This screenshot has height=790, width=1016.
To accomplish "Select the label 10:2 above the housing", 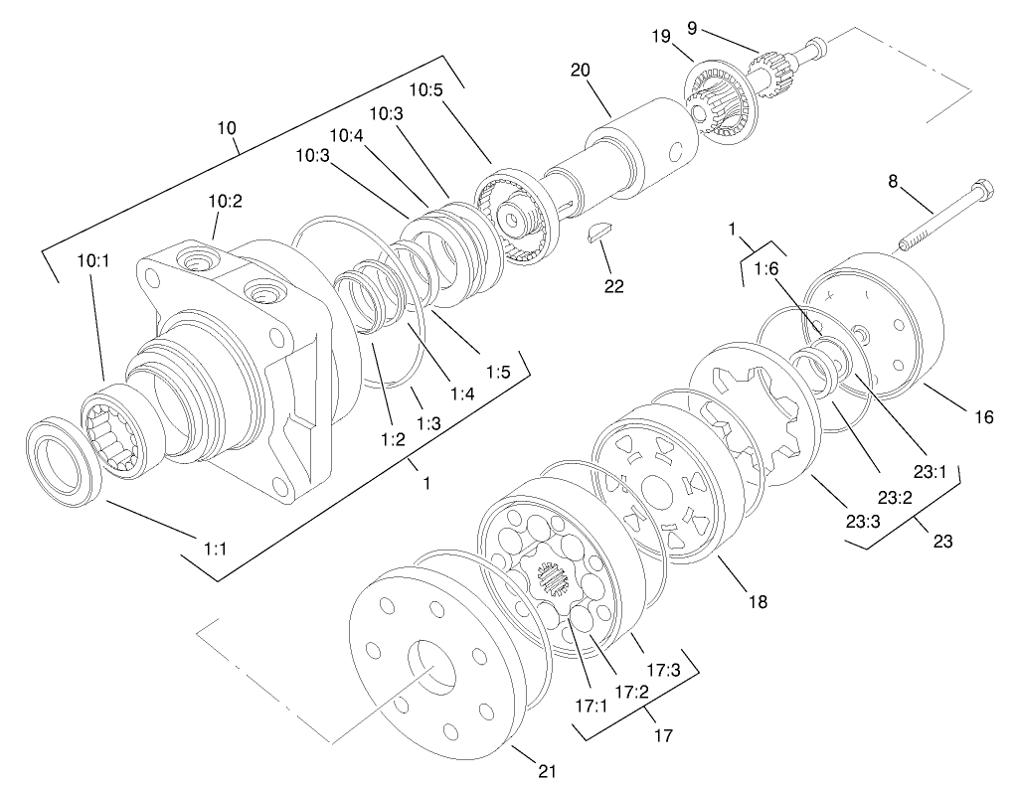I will [225, 201].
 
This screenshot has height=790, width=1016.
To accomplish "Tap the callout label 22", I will [613, 286].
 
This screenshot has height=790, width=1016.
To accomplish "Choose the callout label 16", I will [983, 418].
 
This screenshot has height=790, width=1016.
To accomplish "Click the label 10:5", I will [425, 90].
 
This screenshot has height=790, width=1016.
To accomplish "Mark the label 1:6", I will [766, 268].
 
